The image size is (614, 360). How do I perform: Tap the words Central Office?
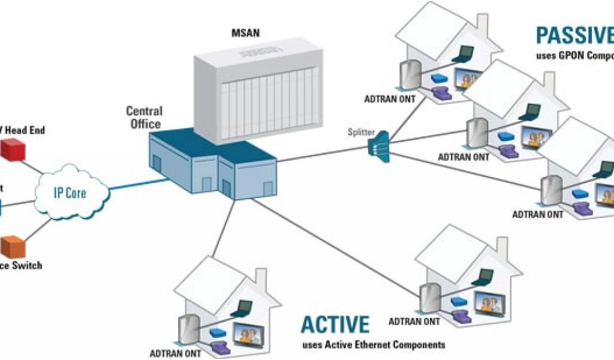(x=143, y=118)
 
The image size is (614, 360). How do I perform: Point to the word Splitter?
(x=361, y=130)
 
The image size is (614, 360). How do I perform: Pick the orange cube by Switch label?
(x=13, y=246)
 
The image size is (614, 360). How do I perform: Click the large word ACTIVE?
(x=335, y=324)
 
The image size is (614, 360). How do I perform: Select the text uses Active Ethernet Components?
(x=374, y=345)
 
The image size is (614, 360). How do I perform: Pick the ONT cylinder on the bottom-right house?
(x=428, y=297)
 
